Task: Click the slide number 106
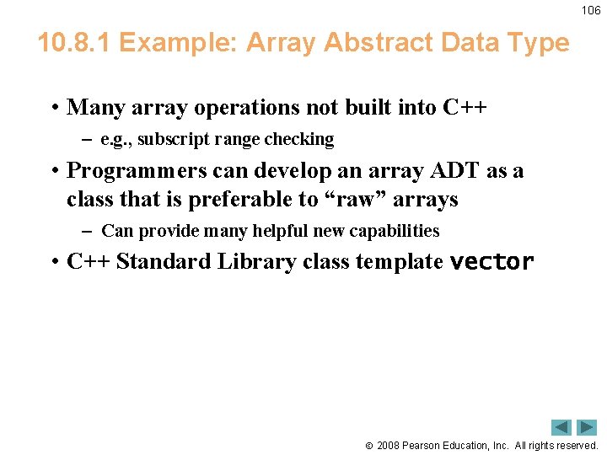point(591,10)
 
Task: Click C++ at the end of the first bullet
point(465,108)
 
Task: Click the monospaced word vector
point(492,262)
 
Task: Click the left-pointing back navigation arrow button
point(561,427)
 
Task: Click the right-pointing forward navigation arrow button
point(586,427)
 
